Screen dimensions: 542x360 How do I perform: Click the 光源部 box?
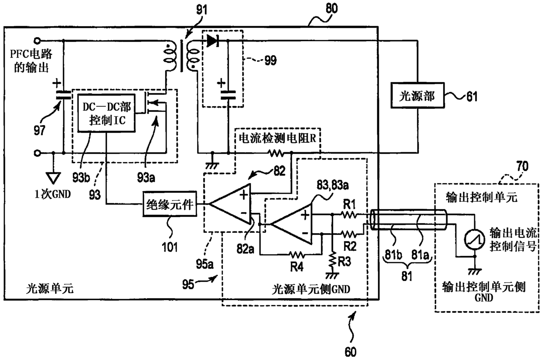(417, 95)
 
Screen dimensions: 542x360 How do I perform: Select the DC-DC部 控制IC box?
(106, 113)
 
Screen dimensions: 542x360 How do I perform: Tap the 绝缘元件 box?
(170, 204)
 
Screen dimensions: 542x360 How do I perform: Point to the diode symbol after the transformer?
(212, 41)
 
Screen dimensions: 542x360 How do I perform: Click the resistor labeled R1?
(348, 214)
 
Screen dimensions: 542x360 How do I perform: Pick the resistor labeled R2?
(348, 234)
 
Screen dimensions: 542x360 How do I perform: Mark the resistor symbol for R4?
(297, 255)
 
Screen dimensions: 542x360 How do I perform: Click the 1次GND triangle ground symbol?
(53, 178)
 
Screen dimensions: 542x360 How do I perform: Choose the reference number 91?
(202, 10)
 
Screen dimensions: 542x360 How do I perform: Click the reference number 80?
(331, 8)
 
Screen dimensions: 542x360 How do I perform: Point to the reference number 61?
(472, 96)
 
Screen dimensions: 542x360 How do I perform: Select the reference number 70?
(522, 166)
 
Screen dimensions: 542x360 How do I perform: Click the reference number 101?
(170, 247)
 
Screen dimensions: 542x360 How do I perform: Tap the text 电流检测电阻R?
(277, 138)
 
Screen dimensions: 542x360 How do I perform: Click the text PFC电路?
(31, 54)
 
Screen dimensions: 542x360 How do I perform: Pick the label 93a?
(146, 178)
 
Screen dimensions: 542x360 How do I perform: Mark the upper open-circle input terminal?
(37, 41)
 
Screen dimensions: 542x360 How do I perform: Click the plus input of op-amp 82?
(244, 194)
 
